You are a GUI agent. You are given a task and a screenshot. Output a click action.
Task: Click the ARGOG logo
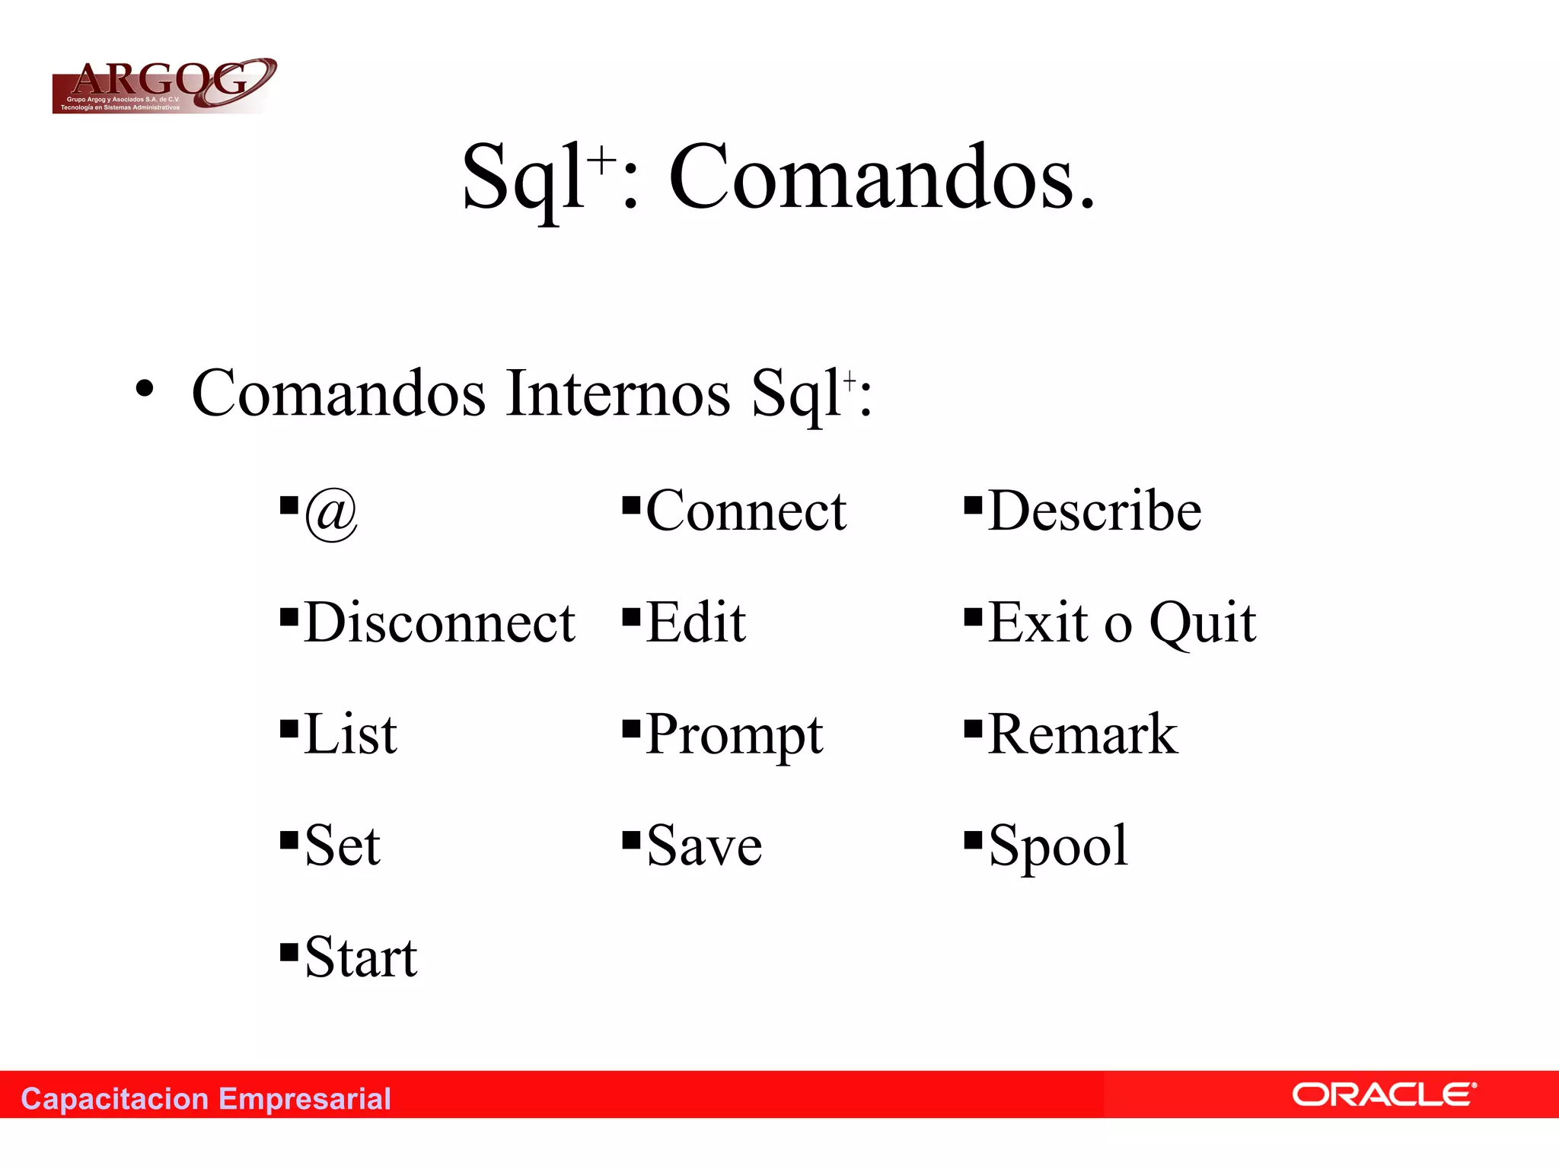[x=164, y=86]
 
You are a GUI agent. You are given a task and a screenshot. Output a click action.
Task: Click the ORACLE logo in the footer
[x=1383, y=1095]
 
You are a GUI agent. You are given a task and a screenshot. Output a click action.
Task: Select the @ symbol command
[x=331, y=514]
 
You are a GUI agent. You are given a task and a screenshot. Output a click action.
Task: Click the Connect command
[x=746, y=511]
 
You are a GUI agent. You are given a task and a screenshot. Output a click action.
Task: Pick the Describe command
[x=1095, y=511]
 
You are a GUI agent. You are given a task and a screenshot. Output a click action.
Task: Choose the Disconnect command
[x=439, y=623]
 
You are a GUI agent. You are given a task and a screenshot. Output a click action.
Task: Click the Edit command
[x=696, y=623]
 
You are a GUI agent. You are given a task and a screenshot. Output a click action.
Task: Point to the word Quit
[x=1202, y=623]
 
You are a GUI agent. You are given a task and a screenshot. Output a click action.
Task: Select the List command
[x=350, y=735]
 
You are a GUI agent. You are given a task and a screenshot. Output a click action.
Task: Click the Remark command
[x=1082, y=735]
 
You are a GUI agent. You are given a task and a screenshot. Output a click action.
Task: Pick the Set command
[x=342, y=846]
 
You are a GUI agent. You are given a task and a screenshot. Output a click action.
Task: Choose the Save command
[x=704, y=846]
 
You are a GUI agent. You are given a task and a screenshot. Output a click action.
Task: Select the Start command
[x=361, y=958]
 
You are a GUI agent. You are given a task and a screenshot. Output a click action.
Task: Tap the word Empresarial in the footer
[x=304, y=1099]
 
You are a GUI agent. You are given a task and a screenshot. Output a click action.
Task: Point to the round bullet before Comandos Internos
[x=145, y=390]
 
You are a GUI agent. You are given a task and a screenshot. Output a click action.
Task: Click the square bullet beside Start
[x=289, y=952]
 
